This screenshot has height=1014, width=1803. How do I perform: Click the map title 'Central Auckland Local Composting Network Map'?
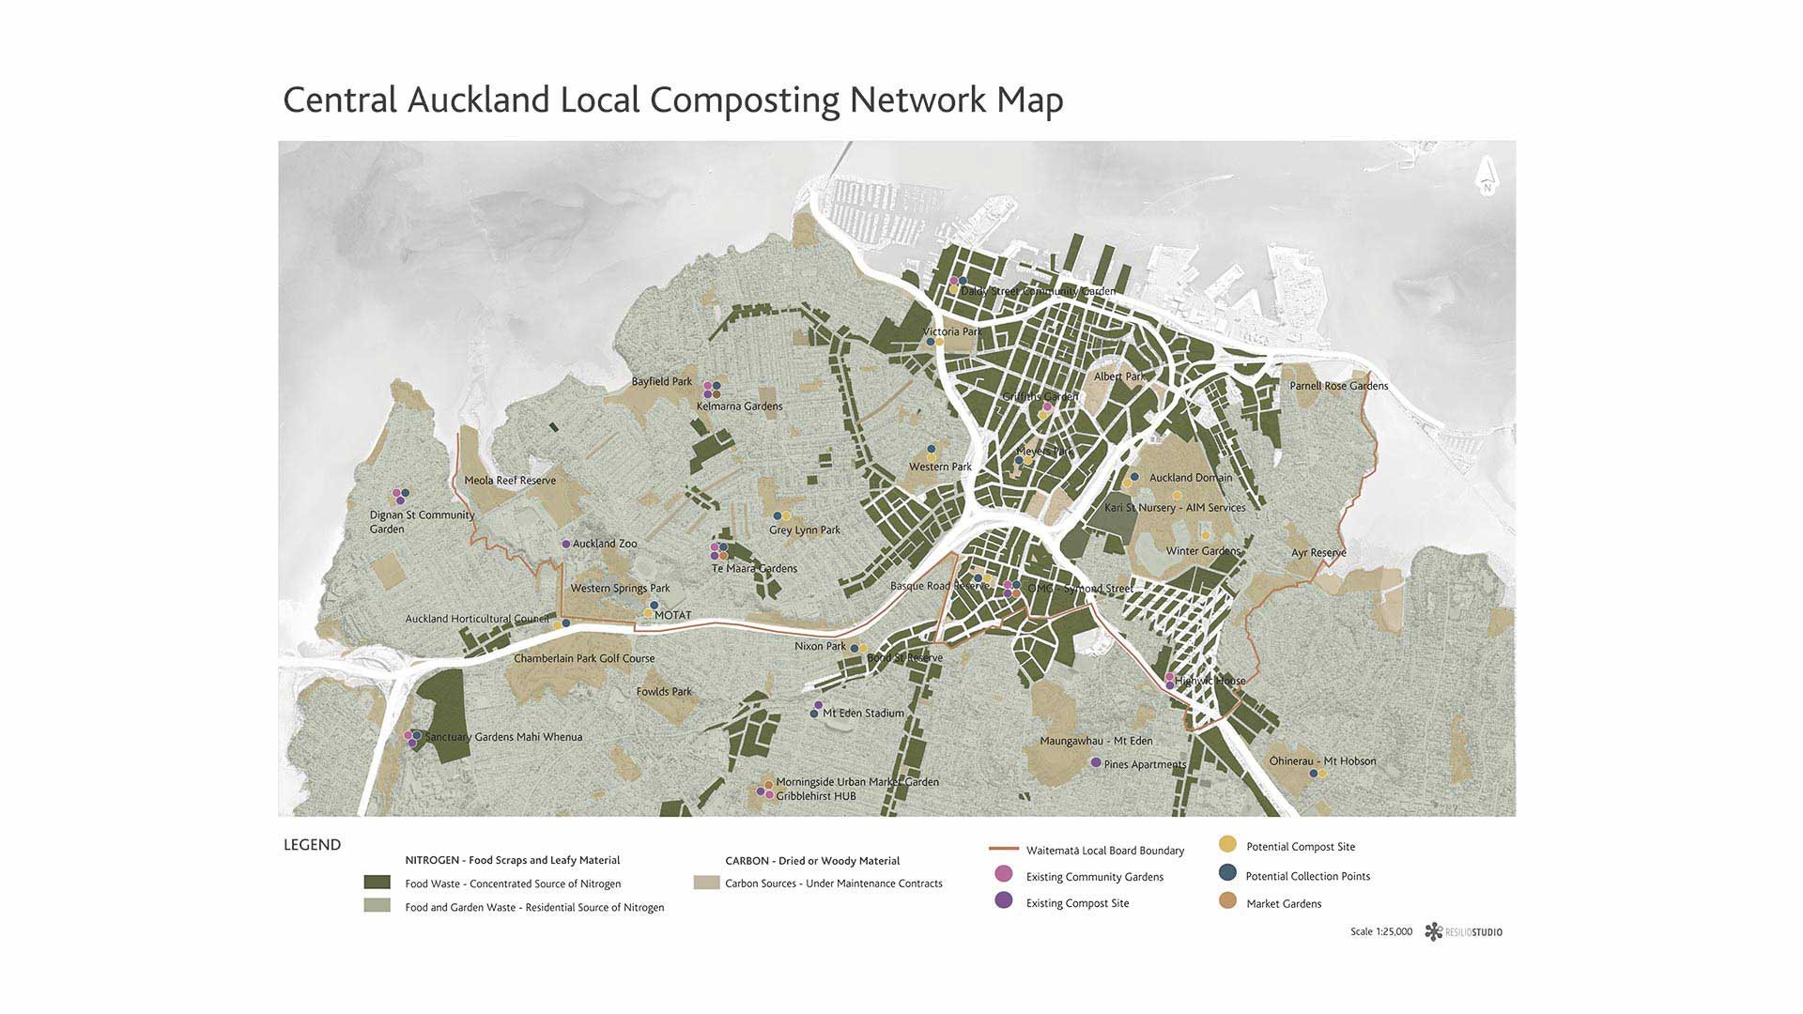tap(672, 100)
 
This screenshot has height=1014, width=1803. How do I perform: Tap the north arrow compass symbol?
tap(1487, 175)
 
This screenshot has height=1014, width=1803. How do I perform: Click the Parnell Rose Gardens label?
tap(1338, 386)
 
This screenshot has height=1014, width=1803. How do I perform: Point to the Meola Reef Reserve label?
tap(510, 481)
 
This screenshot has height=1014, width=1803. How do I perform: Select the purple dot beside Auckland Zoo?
tap(565, 544)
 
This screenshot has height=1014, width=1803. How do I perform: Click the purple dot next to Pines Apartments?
tap(1095, 762)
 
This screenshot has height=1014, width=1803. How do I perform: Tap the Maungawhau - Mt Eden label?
tap(1096, 741)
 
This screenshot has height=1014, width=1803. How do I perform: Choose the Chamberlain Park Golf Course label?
tap(584, 658)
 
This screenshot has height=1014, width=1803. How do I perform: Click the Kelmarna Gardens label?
tap(739, 407)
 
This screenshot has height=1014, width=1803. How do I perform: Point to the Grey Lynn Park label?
tap(804, 530)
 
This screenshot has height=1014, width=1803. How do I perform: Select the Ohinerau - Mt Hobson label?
tap(1322, 760)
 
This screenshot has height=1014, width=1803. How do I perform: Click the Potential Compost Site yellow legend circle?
tap(1227, 844)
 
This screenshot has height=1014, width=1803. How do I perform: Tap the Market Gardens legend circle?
tap(1227, 901)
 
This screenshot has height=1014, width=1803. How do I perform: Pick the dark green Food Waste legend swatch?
tap(377, 883)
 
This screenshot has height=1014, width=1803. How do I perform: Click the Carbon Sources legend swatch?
tap(706, 883)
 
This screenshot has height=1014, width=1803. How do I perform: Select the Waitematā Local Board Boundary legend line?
tap(1004, 849)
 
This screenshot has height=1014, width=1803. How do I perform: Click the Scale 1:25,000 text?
tap(1380, 932)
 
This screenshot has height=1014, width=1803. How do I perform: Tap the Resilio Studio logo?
tap(1462, 931)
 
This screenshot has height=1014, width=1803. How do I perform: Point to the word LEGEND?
tap(312, 845)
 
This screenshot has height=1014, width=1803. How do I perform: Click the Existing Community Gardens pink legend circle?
tap(1004, 874)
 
